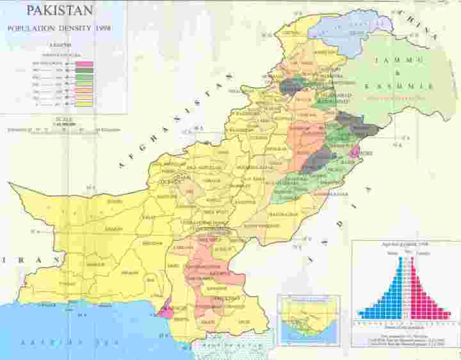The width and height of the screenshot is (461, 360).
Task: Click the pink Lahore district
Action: [x=355, y=151]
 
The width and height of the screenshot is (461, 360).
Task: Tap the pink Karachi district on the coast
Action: [x=165, y=309]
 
